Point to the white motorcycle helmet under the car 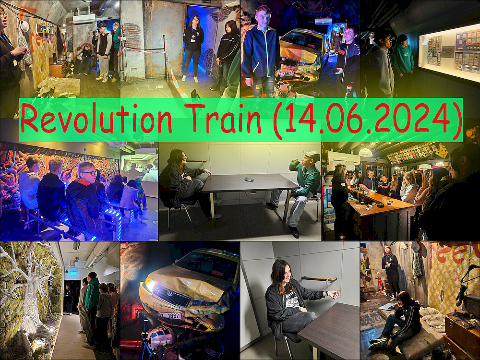(x=161, y=337)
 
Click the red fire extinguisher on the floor (x=380, y=284)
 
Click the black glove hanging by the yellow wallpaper (x=461, y=295)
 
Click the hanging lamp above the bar (x=365, y=152)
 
